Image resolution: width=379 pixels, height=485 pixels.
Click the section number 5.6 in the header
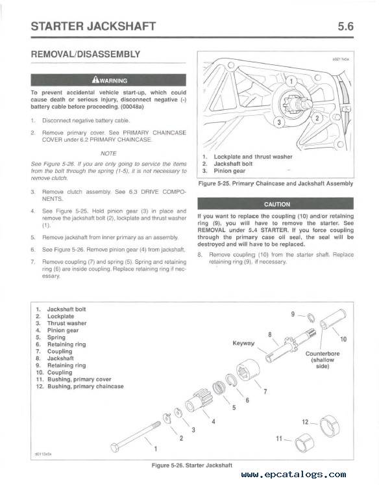345,26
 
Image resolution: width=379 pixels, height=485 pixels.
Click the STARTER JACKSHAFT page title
93,26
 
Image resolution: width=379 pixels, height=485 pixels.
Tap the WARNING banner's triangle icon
95,80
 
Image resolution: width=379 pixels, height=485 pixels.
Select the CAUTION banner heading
276,204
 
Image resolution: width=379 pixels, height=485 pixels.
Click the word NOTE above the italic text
108,153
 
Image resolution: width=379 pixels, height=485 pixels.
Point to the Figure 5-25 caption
276,183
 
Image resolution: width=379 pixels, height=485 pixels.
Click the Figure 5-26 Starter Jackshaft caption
192,465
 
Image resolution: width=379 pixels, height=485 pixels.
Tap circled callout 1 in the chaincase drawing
291,82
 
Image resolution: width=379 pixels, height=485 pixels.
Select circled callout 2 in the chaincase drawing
317,118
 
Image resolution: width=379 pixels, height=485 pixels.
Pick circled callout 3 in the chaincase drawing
279,122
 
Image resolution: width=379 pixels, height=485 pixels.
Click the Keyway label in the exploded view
243,343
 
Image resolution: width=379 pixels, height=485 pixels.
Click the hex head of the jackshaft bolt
115,448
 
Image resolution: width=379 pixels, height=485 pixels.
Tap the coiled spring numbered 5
219,388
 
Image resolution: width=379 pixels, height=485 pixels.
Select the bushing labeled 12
330,426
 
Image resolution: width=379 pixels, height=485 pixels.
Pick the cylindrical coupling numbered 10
333,319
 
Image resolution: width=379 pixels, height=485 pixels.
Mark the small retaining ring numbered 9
311,317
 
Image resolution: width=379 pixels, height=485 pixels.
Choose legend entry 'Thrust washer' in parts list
67,323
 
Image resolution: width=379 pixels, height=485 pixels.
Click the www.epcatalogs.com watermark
294,474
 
